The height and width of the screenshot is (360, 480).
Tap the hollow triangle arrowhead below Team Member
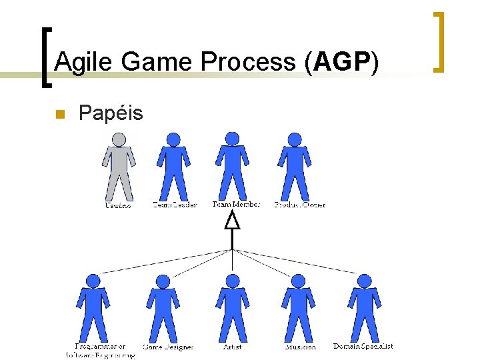[x=232, y=221]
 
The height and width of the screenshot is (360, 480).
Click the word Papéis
[x=111, y=113]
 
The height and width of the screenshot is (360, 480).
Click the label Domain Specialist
[x=363, y=346]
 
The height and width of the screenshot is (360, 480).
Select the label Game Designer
[x=169, y=347]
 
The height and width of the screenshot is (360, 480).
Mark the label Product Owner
[x=300, y=205]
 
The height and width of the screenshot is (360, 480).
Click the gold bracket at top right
[x=439, y=41]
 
